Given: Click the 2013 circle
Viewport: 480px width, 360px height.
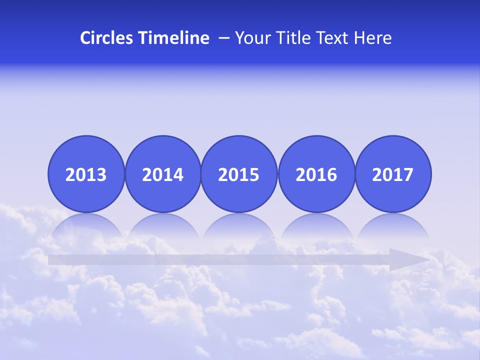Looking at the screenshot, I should (86, 174).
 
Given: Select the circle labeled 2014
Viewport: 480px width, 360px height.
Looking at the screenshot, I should (163, 174).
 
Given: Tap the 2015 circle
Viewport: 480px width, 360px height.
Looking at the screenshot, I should (239, 174).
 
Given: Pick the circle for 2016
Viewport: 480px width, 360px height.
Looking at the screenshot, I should (316, 174).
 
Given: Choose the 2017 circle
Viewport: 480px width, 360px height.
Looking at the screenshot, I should (393, 174).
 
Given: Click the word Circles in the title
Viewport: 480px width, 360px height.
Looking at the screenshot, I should (106, 38).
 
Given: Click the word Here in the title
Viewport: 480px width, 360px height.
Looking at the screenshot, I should (373, 38).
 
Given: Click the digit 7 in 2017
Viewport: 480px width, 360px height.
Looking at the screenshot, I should (407, 174).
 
